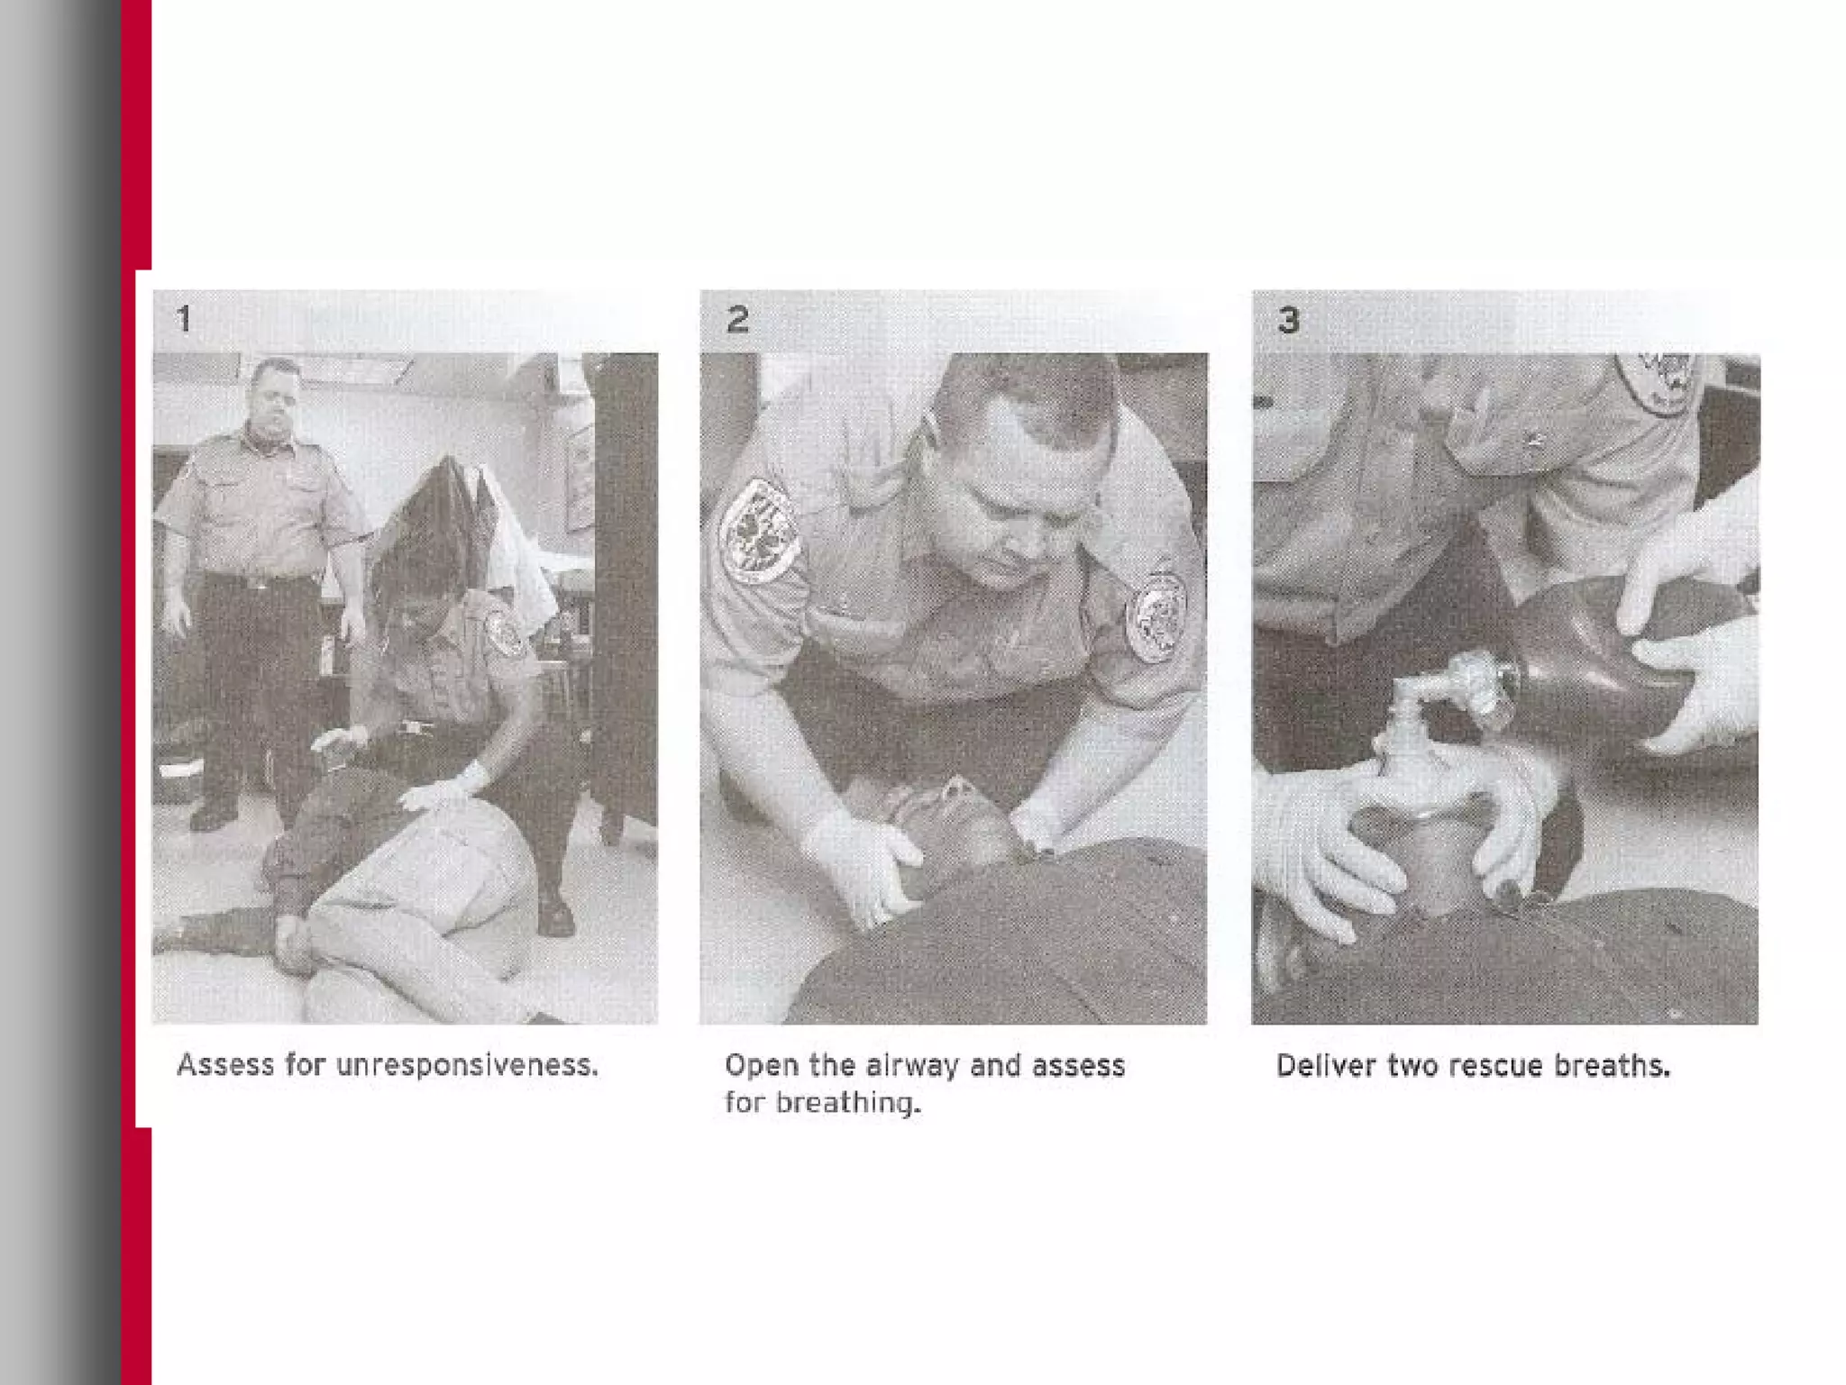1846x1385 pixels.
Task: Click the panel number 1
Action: (x=184, y=319)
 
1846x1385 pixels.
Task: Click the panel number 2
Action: (x=737, y=319)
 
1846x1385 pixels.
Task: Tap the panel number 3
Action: (x=1289, y=319)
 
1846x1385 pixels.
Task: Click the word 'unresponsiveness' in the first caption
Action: (x=467, y=1066)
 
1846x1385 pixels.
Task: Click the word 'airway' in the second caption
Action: (x=913, y=1067)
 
